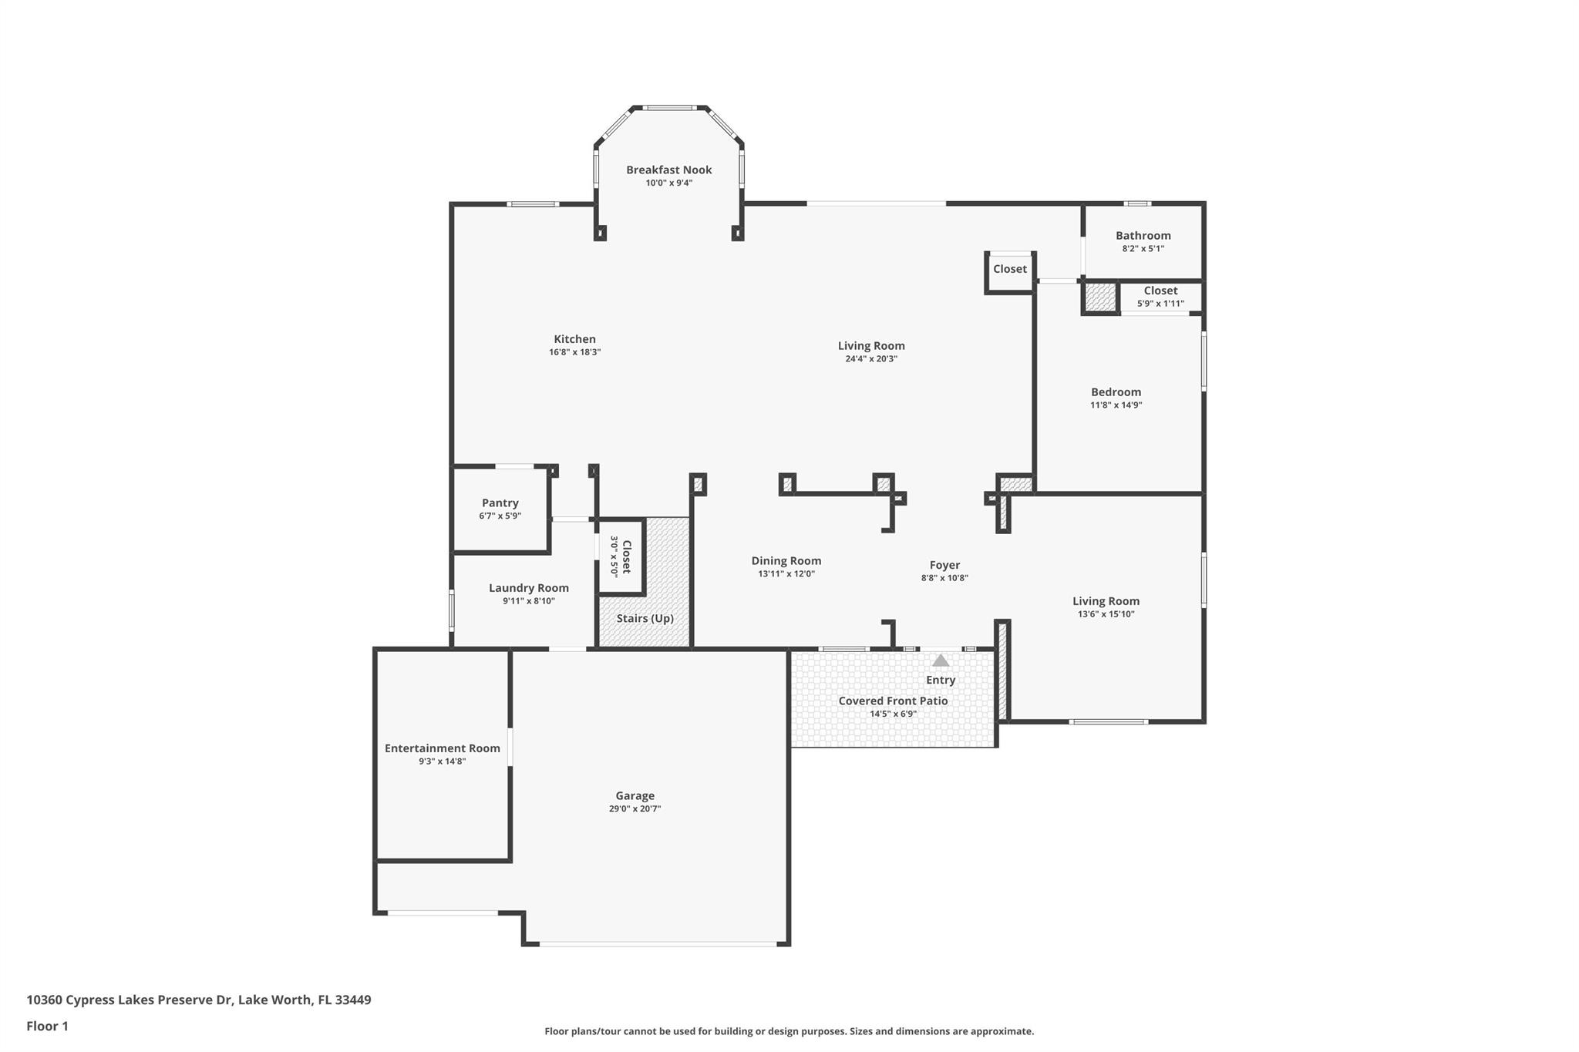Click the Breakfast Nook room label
668,170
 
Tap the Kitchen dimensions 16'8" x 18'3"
574,352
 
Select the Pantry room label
500,503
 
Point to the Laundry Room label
528,588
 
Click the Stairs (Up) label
645,618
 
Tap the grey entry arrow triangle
940,660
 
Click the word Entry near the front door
940,680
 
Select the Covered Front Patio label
893,701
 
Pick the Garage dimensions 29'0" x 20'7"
635,808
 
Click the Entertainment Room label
442,748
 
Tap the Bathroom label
1143,236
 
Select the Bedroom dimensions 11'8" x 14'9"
1116,405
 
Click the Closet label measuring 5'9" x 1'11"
1160,291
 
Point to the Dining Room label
786,561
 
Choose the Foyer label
944,565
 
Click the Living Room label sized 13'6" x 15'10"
1106,601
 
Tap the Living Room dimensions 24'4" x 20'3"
871,358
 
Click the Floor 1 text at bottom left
47,1026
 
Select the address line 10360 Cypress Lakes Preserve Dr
198,1000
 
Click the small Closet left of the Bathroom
1009,269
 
